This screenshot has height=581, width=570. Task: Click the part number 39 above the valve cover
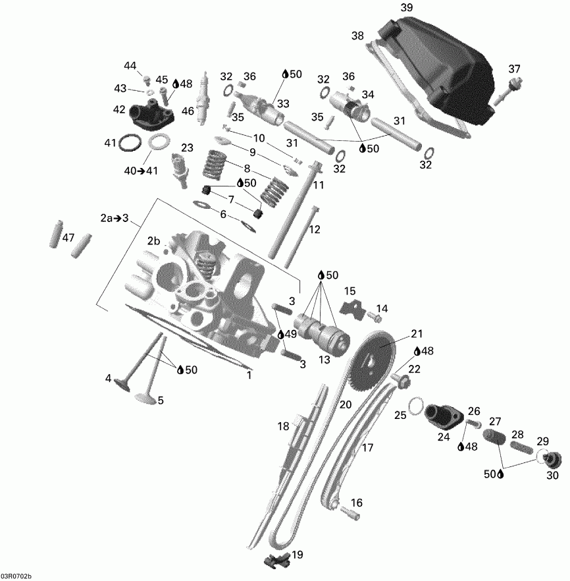pos(407,7)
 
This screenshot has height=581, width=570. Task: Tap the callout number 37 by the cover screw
pos(514,69)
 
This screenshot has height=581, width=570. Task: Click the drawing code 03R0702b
pos(16,576)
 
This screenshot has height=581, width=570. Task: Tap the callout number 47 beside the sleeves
pos(68,238)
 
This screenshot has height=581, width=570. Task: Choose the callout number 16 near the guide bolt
pos(355,503)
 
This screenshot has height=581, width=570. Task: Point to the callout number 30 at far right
pos(552,474)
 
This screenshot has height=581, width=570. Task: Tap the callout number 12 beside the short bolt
pos(315,229)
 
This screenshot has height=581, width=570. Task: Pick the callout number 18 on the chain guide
pos(283,426)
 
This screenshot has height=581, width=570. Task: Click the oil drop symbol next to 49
pos(282,335)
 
